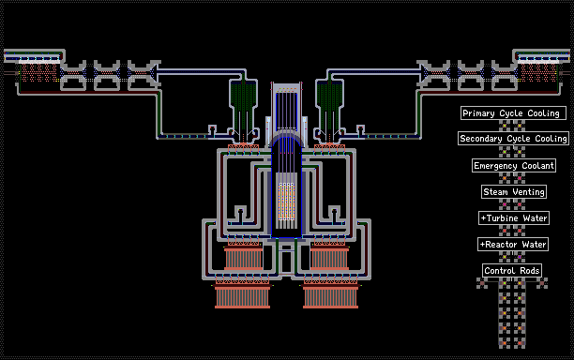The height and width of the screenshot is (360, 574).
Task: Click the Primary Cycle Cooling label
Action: pyautogui.click(x=513, y=113)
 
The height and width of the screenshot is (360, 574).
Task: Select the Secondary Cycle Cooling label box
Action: pyautogui.click(x=513, y=139)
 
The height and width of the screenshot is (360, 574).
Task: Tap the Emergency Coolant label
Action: pyautogui.click(x=514, y=166)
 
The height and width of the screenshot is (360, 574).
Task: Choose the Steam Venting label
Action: pyautogui.click(x=514, y=191)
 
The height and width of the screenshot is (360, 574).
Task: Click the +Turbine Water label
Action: pyautogui.click(x=514, y=218)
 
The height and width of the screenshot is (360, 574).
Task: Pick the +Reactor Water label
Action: pyautogui.click(x=513, y=245)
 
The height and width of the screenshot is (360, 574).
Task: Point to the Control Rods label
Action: pyautogui.click(x=512, y=271)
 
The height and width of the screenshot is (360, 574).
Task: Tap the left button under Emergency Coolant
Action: pyautogui.click(x=505, y=178)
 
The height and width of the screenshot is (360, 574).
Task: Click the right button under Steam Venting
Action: pyautogui.click(x=520, y=204)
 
